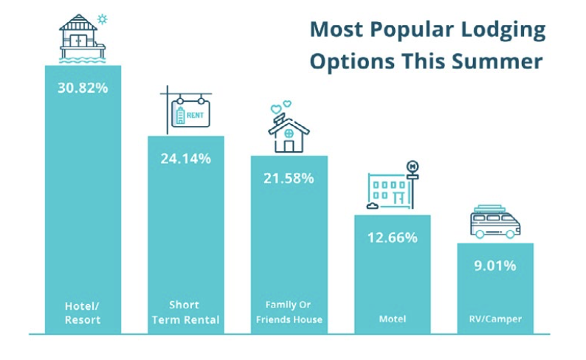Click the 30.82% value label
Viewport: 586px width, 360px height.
point(83,88)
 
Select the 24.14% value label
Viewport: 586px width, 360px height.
point(186,158)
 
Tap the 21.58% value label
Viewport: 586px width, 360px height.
point(289,178)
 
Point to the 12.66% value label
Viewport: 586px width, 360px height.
point(392,237)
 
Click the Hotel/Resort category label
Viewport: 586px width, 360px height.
point(83,314)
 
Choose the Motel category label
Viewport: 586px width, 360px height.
point(392,319)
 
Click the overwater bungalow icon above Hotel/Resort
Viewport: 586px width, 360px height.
point(81,37)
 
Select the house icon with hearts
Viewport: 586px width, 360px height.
point(288,131)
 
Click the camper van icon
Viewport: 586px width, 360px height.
point(494,221)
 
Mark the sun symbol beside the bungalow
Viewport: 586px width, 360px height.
point(102,18)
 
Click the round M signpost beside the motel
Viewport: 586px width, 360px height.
point(413,167)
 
